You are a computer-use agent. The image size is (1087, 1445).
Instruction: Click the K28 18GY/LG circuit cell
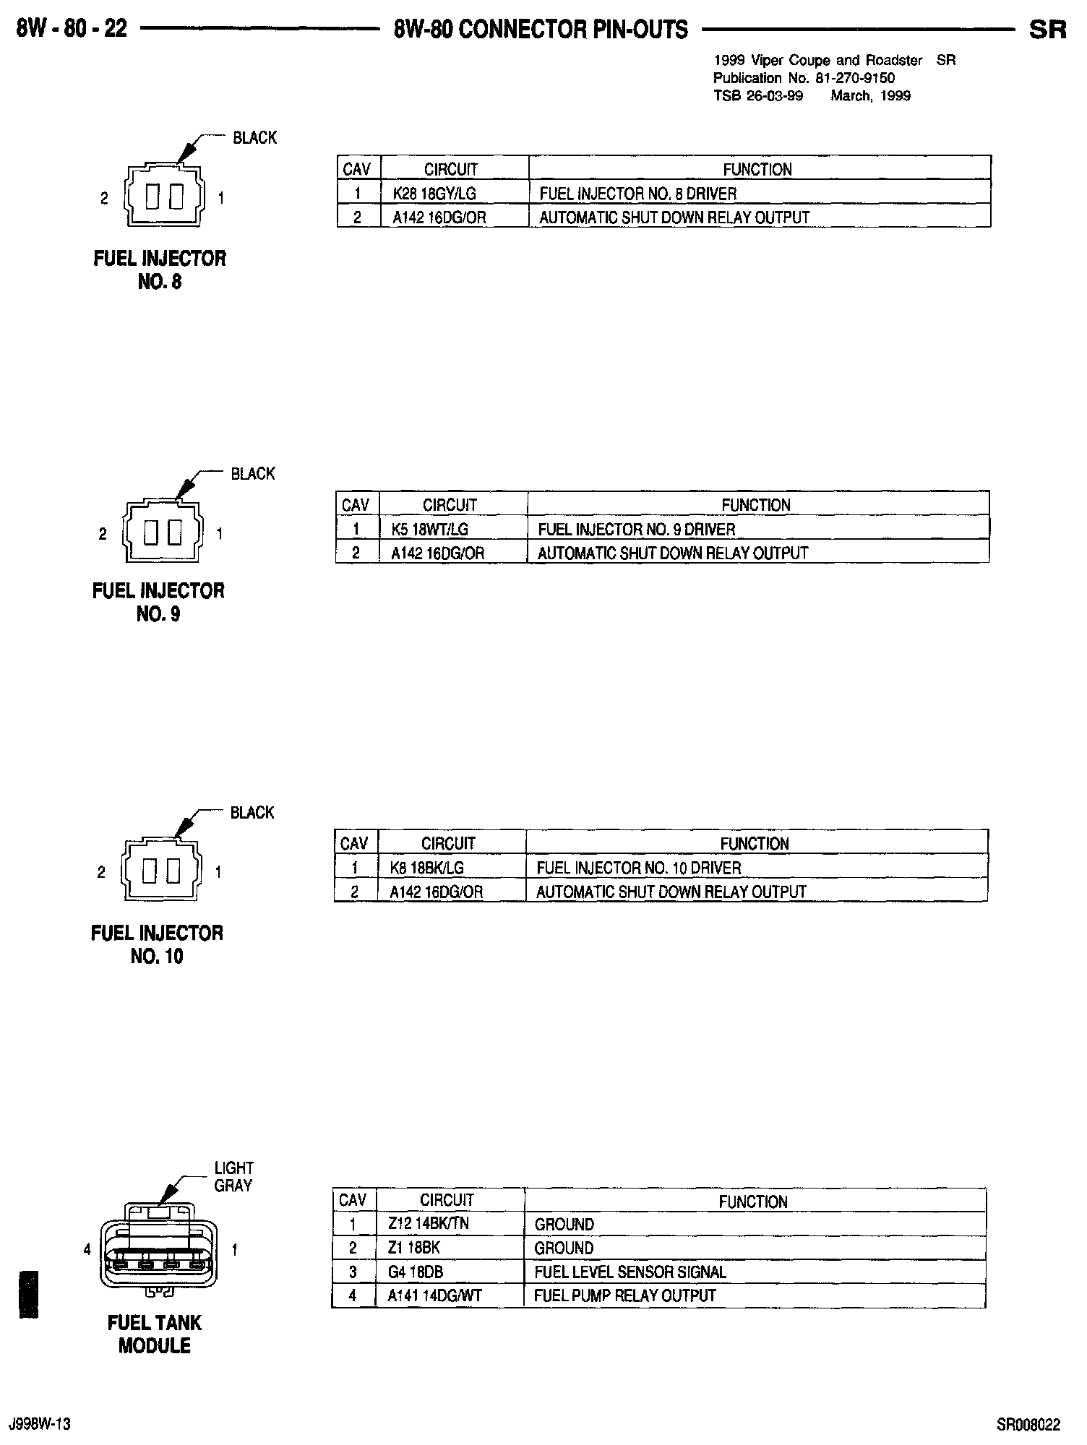coord(434,194)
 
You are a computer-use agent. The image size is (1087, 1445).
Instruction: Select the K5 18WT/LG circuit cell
coord(429,530)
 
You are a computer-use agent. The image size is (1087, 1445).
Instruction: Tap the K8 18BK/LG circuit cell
coord(427,868)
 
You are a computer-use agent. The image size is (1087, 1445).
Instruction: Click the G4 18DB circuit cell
coord(415,1272)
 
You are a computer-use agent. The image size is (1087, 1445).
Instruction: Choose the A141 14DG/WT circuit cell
coord(434,1295)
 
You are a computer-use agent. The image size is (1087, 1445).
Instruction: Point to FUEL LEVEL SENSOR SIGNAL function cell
coord(630,1272)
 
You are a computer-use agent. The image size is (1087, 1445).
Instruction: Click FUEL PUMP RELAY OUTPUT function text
coord(624,1295)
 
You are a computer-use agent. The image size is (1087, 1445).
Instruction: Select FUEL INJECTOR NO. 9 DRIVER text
coord(636,530)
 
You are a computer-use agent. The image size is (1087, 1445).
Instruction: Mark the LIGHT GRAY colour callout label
coord(233,1176)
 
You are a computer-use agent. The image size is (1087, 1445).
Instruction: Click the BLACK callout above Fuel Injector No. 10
coord(252,813)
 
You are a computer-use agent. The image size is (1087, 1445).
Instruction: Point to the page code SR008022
coord(1028,1424)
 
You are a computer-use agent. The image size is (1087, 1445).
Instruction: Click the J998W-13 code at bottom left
coord(40,1424)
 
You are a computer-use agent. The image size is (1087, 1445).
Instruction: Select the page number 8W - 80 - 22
coord(72,29)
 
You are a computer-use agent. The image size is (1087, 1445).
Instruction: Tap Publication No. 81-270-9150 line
coord(804,78)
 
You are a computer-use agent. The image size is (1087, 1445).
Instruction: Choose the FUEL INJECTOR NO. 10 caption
coord(157,944)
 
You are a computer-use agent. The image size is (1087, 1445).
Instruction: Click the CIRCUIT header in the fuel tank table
coord(447,1200)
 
